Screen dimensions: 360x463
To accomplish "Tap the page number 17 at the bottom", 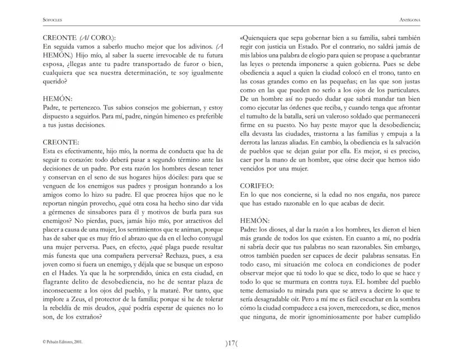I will pos(232,343).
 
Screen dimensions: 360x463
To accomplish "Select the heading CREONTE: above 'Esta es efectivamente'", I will pos(61,143).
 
